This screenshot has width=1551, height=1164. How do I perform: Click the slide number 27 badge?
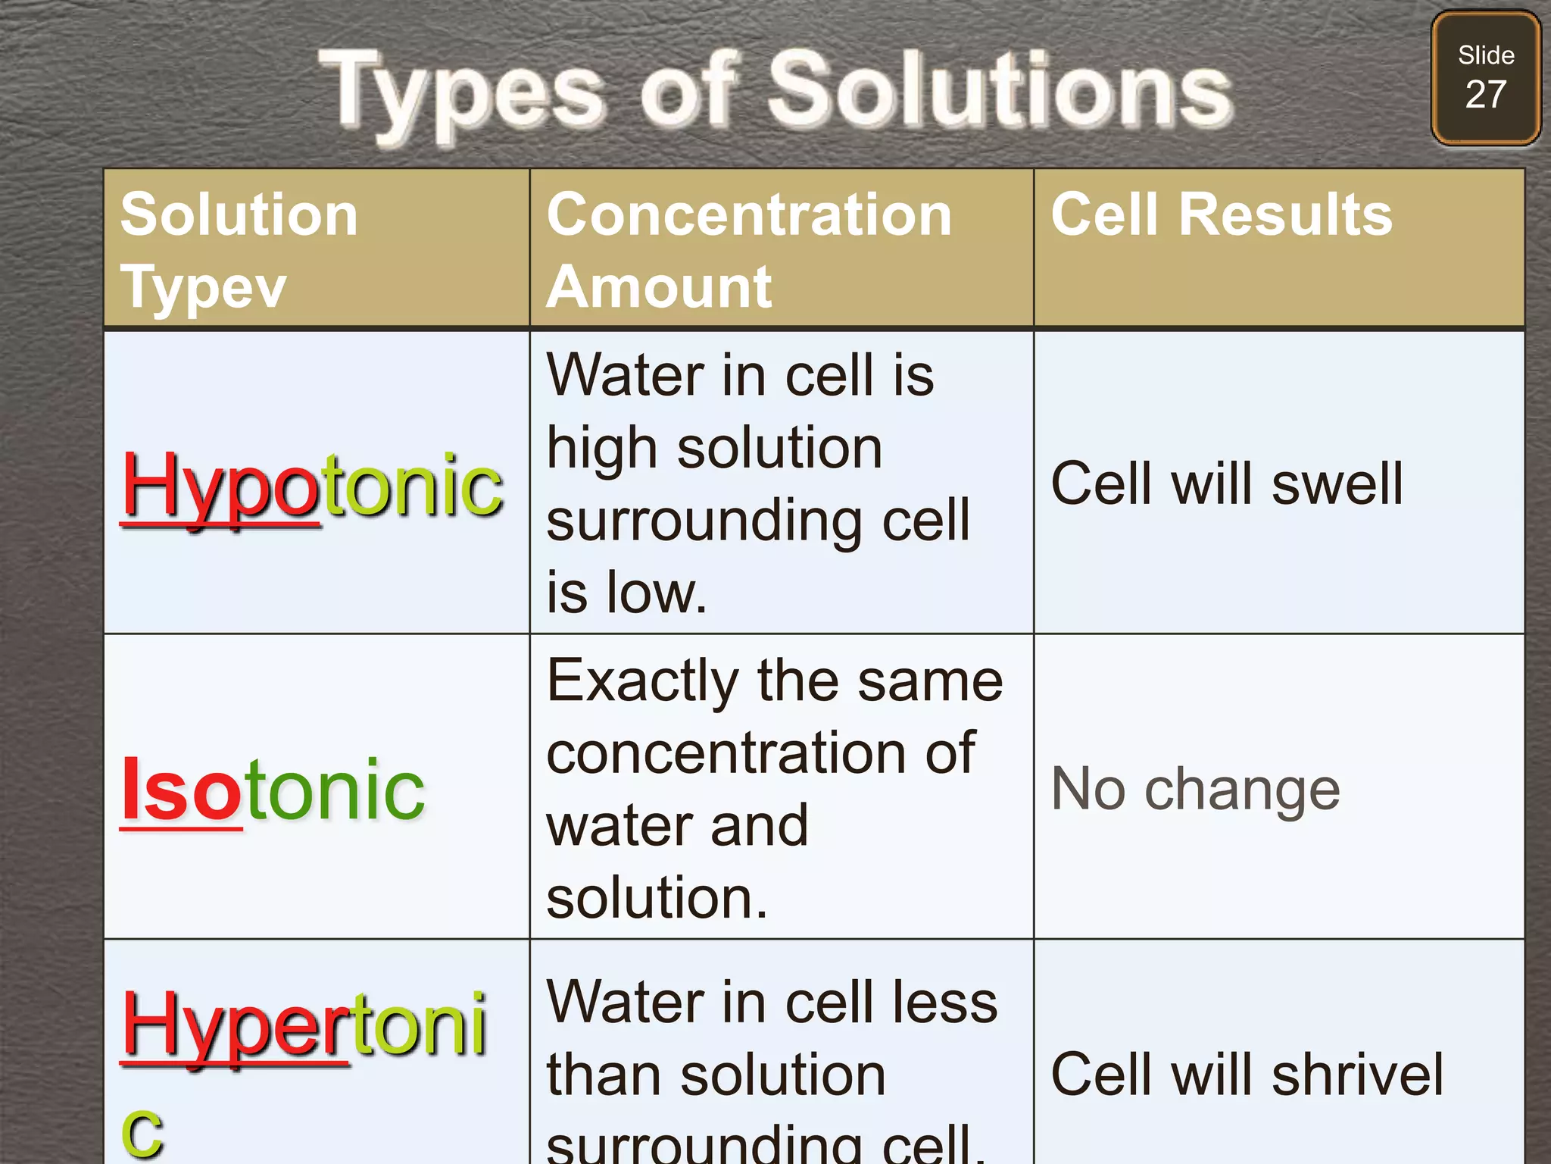pyautogui.click(x=1485, y=78)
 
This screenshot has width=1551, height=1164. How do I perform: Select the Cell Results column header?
pyautogui.click(x=1221, y=214)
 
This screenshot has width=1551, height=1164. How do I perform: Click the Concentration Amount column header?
pyautogui.click(x=748, y=250)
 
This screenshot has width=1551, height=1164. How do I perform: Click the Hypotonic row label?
pyautogui.click(x=312, y=485)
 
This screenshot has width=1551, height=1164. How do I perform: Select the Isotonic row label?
pyautogui.click(x=273, y=790)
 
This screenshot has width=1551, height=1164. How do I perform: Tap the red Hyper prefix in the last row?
pyautogui.click(x=235, y=1025)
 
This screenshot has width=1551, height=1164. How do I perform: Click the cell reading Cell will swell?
pyautogui.click(x=1227, y=483)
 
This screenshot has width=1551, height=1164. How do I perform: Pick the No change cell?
pyautogui.click(x=1195, y=790)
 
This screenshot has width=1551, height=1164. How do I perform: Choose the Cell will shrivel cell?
pyautogui.click(x=1247, y=1075)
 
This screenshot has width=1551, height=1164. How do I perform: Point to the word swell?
pyautogui.click(x=1337, y=483)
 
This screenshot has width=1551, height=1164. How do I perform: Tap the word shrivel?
pyautogui.click(x=1357, y=1075)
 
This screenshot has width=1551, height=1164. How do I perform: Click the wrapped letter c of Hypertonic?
pyautogui.click(x=142, y=1131)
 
